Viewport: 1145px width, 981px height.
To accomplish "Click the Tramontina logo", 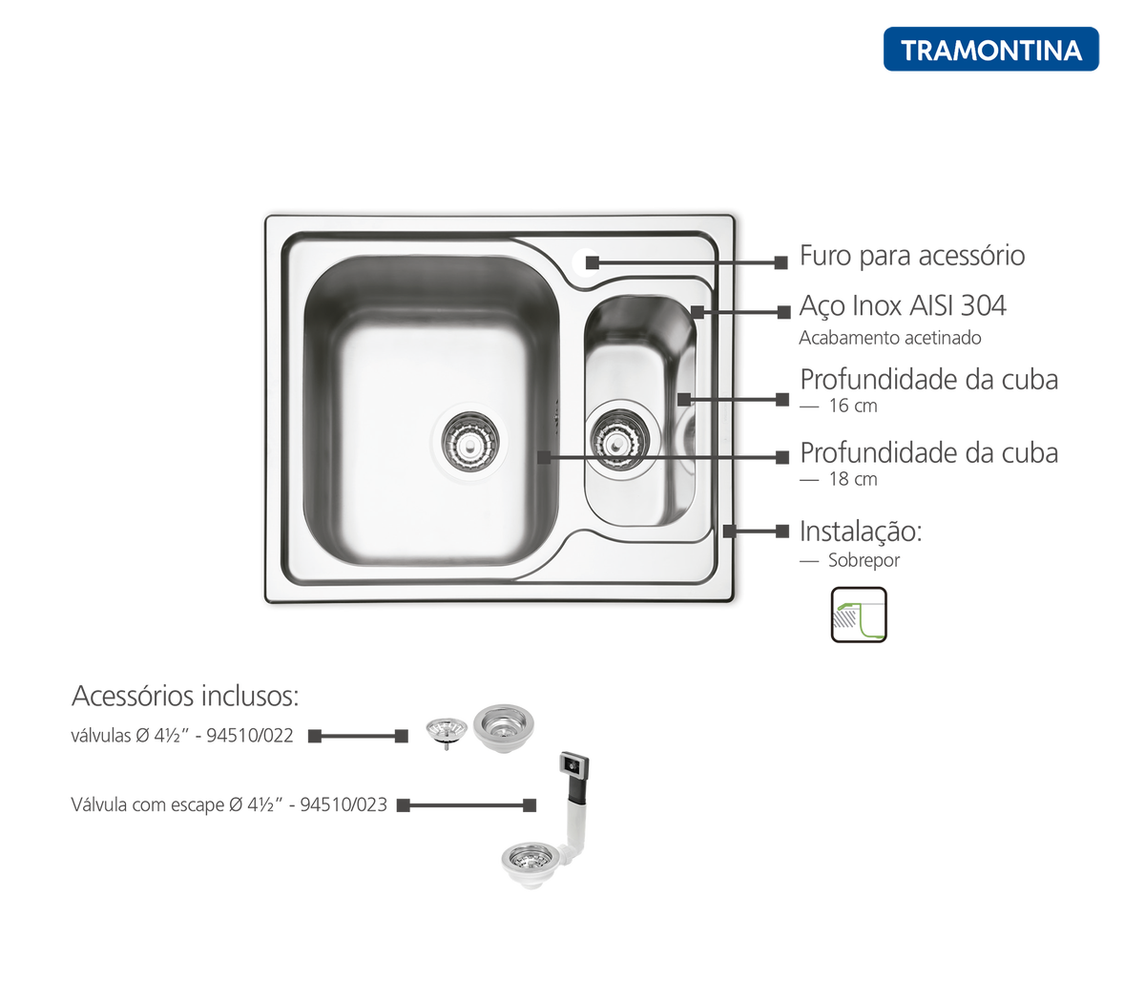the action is [x=990, y=50].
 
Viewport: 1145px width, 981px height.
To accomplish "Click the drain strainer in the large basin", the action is [x=469, y=442].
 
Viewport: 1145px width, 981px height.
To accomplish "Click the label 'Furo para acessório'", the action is [x=912, y=257].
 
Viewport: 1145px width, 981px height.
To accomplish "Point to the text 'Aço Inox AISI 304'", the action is [x=903, y=305].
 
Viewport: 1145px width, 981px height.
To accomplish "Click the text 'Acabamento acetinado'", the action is [x=889, y=338].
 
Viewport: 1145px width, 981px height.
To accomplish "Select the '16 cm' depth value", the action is [x=853, y=406].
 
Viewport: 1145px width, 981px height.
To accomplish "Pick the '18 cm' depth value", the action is [x=853, y=479].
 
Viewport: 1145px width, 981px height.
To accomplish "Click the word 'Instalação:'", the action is [x=861, y=532].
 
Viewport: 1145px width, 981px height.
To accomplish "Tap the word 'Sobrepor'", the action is [x=864, y=560].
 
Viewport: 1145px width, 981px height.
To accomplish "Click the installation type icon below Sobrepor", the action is [x=859, y=615].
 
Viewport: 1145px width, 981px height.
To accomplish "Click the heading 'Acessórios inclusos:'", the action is [x=185, y=696].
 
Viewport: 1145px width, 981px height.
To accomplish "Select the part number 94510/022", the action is [x=250, y=736].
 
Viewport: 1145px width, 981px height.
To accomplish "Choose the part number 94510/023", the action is [x=343, y=804].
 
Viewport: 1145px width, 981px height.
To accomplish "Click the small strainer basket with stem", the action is [x=447, y=732].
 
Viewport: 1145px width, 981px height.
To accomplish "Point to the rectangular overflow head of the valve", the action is [x=574, y=766].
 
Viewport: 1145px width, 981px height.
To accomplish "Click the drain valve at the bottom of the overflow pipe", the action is [x=531, y=865].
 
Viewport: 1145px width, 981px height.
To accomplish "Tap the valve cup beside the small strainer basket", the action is [x=504, y=728].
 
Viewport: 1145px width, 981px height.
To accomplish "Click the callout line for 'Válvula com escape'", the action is [x=467, y=805].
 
